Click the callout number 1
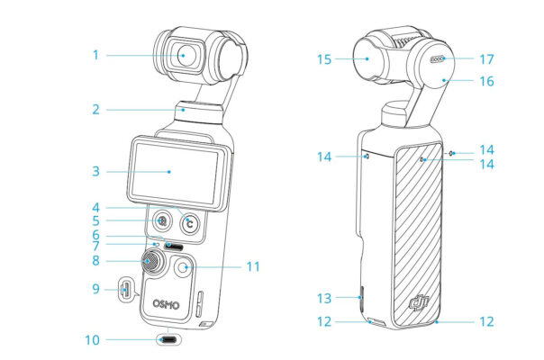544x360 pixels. (x=95, y=55)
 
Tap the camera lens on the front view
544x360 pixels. (x=183, y=55)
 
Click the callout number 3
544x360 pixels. (x=95, y=171)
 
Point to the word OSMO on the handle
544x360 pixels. (x=165, y=306)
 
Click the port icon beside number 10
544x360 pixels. (x=168, y=340)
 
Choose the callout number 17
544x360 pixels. (x=486, y=59)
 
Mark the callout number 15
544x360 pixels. (x=324, y=59)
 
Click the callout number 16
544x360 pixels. (x=486, y=81)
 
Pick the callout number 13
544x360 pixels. (x=324, y=298)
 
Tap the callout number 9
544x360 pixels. (x=95, y=290)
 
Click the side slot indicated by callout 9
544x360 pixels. (x=126, y=291)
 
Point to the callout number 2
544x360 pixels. (x=95, y=110)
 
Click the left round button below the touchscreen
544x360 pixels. (x=161, y=220)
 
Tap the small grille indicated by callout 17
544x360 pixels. (x=439, y=60)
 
